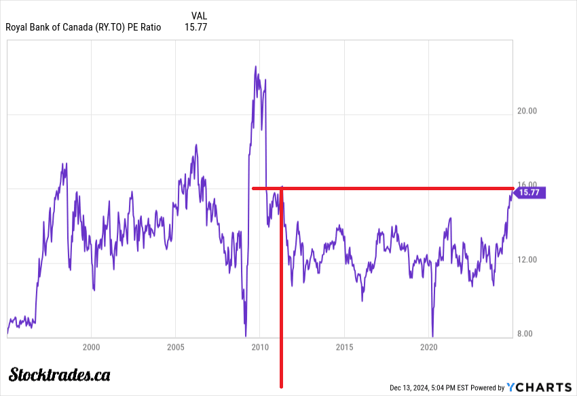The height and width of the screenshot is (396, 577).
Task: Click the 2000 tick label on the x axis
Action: pyautogui.click(x=91, y=347)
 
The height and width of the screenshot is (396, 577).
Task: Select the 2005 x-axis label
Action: pyautogui.click(x=175, y=347)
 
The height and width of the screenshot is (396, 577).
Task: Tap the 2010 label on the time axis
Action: pyautogui.click(x=259, y=347)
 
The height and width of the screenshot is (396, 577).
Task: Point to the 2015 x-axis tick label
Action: pyautogui.click(x=344, y=347)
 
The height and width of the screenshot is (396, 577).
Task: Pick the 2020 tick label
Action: pyautogui.click(x=428, y=347)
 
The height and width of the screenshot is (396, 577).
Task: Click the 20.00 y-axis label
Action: pyautogui.click(x=527, y=111)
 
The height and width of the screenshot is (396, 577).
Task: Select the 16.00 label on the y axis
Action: pyautogui.click(x=527, y=185)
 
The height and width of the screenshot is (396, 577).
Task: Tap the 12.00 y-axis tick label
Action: pyautogui.click(x=527, y=259)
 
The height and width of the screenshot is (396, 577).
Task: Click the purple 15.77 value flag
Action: pyautogui.click(x=529, y=193)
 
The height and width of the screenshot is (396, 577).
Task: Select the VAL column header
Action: pyautogui.click(x=200, y=15)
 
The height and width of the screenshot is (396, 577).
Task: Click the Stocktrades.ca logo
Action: pyautogui.click(x=59, y=374)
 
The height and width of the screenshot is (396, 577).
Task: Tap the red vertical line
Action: pyautogui.click(x=281, y=306)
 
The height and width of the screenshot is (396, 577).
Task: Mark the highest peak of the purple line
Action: pyautogui.click(x=255, y=67)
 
